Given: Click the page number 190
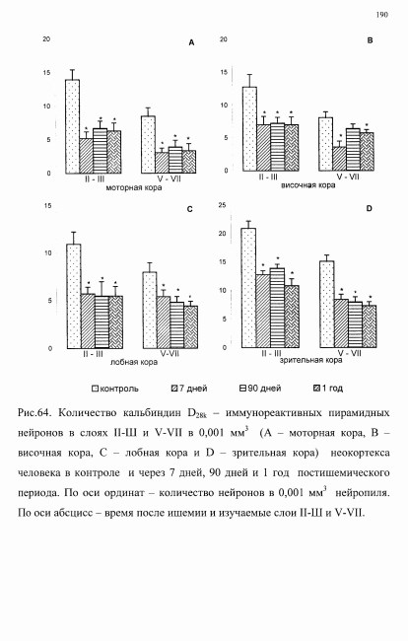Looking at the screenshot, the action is coord(381,15).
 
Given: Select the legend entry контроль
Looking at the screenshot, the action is coord(115,389).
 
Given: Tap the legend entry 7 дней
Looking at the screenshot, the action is coord(189,388).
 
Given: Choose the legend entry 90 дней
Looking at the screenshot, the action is coord(260,388).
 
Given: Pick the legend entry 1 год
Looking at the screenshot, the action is coord(327,388).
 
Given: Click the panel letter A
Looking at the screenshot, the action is coord(191,42).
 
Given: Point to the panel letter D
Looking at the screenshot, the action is coord(370,208).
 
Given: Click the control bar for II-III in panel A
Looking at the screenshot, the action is coord(72,126).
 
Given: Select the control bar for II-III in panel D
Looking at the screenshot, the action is coord(248,288).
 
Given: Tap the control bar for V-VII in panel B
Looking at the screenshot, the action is coord(326,144).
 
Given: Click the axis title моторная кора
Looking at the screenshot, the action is coord(134,187).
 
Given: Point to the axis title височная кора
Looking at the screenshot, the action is coord(307,185).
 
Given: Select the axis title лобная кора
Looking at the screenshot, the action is coord(134,362).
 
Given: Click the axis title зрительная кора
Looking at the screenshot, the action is coord(310,360).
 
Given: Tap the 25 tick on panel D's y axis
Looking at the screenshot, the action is coord(222,205).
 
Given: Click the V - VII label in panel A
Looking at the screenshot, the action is coord(170,178).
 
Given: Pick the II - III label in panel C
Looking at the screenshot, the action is coord(93,354).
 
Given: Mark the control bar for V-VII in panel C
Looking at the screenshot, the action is coord(150,311).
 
